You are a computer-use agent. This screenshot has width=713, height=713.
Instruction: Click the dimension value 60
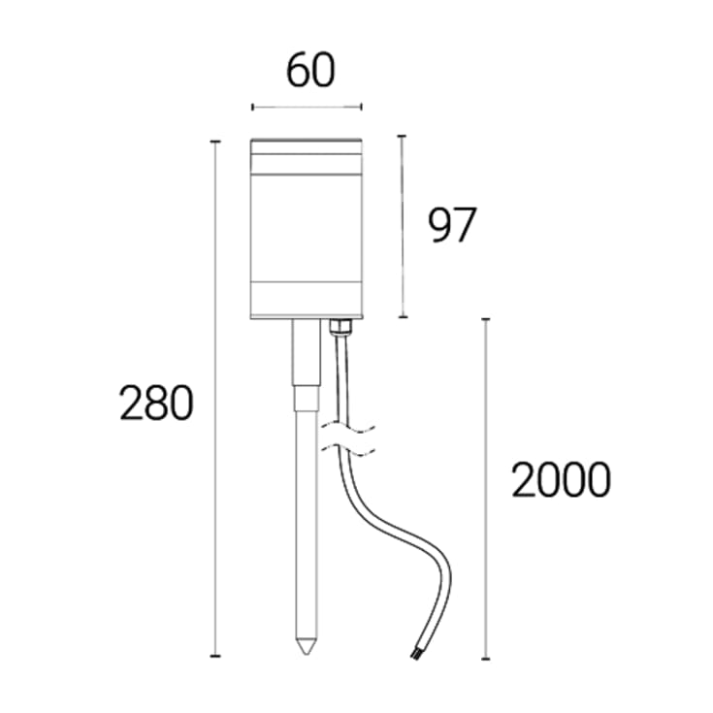[310, 71]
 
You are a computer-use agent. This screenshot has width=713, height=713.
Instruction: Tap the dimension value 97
[452, 225]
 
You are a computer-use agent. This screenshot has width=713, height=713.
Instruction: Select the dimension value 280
[156, 403]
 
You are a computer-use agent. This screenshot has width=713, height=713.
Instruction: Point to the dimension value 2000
[561, 479]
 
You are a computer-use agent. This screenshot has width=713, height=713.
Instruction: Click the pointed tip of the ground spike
[307, 654]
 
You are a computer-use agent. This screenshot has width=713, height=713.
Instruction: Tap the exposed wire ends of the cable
[415, 655]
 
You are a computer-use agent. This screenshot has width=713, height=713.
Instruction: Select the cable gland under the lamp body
[340, 326]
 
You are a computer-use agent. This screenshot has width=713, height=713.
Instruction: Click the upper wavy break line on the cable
[348, 428]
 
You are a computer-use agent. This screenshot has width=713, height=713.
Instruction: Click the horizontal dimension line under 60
[307, 108]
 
